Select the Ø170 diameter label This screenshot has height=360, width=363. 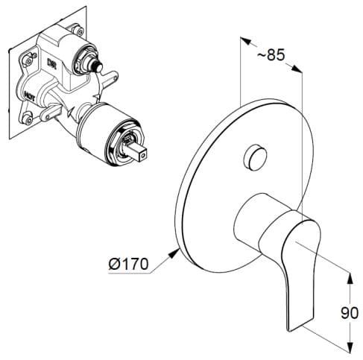129,263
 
